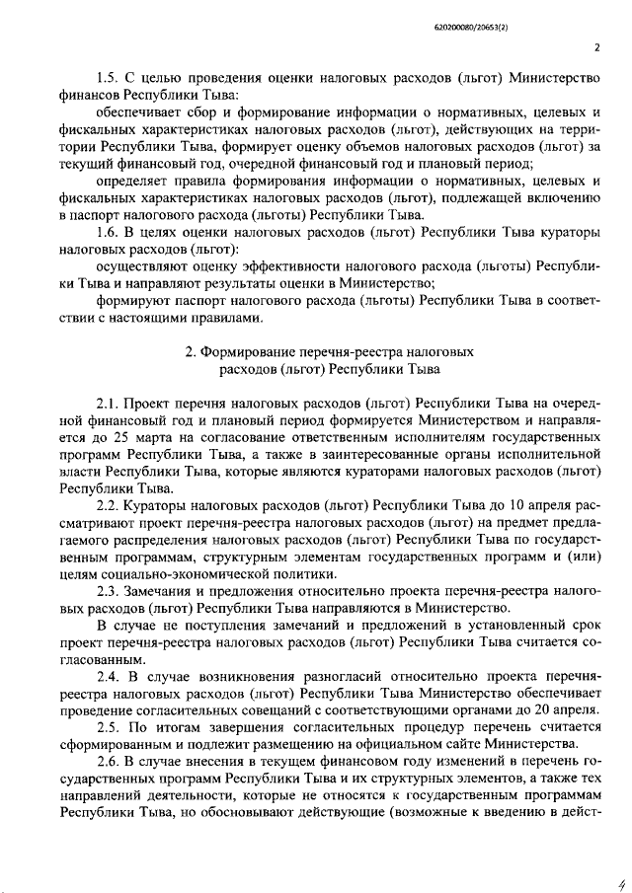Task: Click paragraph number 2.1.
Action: click(x=108, y=405)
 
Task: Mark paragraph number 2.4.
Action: click(x=108, y=676)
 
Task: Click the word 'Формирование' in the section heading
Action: click(x=251, y=351)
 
